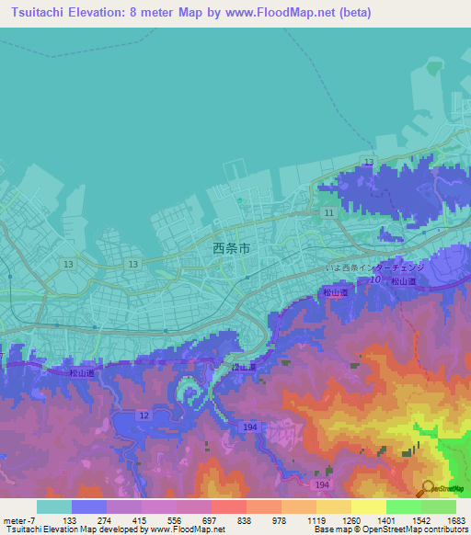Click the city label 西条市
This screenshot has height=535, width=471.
pyautogui.click(x=231, y=247)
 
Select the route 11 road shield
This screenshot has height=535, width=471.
pyautogui.click(x=328, y=212)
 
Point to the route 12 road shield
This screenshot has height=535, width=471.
pyautogui.click(x=144, y=415)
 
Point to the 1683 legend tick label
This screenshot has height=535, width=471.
pyautogui.click(x=455, y=519)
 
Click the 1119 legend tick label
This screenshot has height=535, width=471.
pyautogui.click(x=316, y=519)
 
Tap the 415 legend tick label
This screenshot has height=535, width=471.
pyautogui.click(x=141, y=519)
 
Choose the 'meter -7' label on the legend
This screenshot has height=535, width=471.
pyautogui.click(x=19, y=519)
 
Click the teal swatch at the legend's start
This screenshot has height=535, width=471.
pyautogui.click(x=53, y=507)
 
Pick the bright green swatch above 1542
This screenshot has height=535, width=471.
pyautogui.click(x=403, y=507)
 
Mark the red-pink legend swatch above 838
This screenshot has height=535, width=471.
pyautogui.click(x=228, y=507)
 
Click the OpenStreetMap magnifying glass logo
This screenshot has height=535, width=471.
pyautogui.click(x=426, y=487)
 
